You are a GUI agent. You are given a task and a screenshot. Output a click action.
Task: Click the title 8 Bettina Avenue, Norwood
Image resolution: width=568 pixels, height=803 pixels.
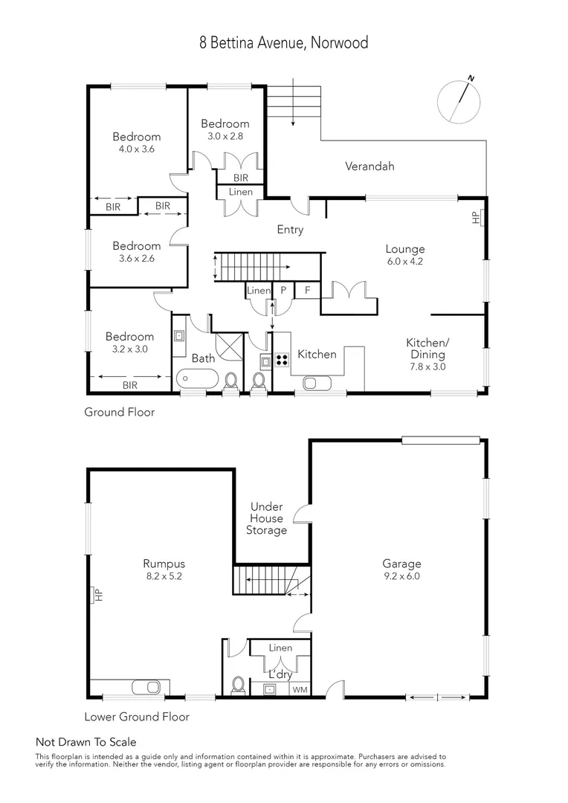[283, 43]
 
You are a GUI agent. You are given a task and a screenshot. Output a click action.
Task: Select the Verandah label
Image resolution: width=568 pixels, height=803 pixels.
[369, 167]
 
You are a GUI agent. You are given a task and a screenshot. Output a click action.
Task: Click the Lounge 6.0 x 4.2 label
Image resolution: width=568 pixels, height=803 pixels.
[404, 255]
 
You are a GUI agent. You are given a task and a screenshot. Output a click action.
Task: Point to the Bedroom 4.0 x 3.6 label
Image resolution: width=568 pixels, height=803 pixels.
[137, 143]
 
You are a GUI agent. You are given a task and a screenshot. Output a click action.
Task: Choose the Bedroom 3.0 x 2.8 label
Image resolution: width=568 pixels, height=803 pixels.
[225, 130]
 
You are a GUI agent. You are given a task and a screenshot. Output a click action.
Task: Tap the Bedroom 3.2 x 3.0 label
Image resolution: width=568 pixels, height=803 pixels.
[129, 343]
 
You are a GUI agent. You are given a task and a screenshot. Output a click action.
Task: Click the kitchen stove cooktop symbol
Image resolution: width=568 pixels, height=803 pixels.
[283, 361]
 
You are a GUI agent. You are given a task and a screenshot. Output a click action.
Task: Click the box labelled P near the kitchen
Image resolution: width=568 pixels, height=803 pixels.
[283, 291]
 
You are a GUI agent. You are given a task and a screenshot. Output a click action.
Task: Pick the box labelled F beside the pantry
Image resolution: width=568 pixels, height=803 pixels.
[307, 291]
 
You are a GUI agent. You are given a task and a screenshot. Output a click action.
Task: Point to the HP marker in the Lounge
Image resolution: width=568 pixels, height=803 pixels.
[476, 218]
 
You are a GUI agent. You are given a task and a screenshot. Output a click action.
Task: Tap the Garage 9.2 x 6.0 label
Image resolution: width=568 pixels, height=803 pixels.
[401, 570]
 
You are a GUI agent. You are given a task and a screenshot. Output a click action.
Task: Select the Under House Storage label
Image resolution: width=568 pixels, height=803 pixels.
[268, 518]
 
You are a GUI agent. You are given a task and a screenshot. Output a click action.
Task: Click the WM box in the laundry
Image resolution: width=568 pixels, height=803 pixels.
[300, 690]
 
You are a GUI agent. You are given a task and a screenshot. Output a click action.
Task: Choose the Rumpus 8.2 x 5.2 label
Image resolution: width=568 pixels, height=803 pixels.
[164, 570]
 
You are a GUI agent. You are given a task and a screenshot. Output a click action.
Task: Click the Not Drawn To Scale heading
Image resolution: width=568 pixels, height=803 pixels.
[86, 742]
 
